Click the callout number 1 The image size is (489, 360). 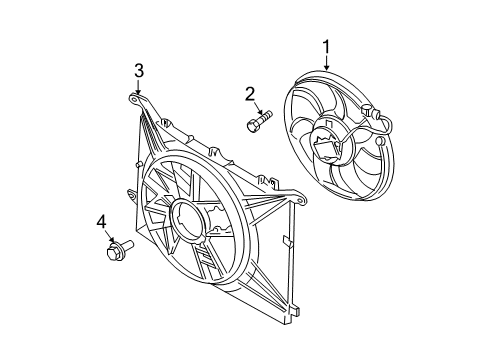325,45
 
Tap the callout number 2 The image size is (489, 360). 250,94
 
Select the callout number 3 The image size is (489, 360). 140,69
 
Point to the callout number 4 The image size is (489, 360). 101,221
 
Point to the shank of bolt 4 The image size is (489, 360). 126,248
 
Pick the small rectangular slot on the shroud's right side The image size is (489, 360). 286,240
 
